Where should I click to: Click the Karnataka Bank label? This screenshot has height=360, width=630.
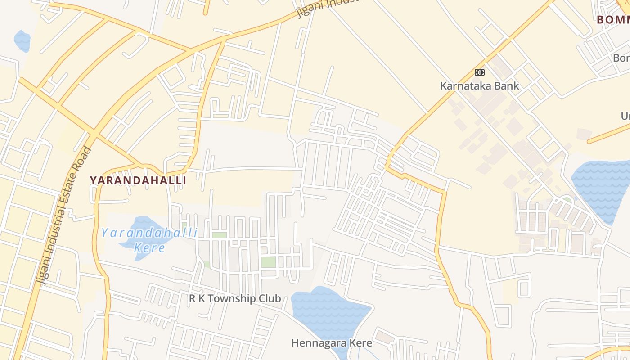479,86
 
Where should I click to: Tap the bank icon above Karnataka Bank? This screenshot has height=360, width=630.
479,72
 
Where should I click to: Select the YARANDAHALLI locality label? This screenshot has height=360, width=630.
138,180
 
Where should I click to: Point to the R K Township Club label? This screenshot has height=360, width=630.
235,298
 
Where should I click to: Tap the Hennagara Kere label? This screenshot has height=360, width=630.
332,343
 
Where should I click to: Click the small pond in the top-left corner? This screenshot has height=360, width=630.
22,40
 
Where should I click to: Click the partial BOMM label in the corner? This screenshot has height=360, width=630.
613,19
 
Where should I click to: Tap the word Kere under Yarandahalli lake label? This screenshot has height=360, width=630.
149,248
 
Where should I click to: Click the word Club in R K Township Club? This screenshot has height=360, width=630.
269,298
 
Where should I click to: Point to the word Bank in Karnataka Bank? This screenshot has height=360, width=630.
507,86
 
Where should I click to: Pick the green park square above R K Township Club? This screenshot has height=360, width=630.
268,262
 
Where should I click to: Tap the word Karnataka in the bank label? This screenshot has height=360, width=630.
466,86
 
